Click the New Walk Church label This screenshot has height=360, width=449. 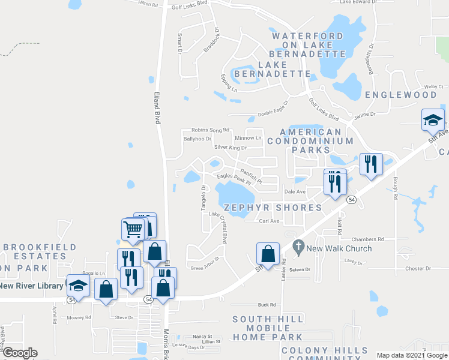tap(339, 248)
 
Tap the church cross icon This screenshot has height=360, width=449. tap(298, 246)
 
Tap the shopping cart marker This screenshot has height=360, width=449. tap(133, 229)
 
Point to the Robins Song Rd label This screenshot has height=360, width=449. tap(210, 130)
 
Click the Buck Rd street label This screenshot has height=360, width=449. tap(266, 304)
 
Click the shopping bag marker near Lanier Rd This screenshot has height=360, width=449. tap(268, 254)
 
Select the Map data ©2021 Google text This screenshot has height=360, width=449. tap(412, 355)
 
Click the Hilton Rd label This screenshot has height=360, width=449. tap(147, 4)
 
